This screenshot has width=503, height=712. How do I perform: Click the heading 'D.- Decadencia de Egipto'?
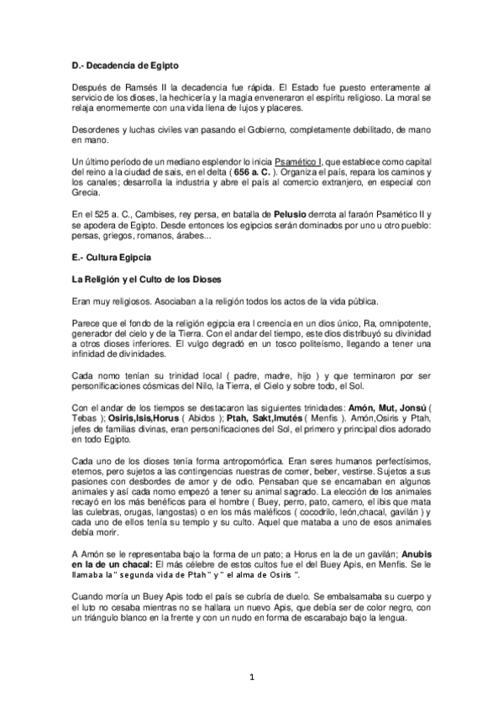point(126,64)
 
